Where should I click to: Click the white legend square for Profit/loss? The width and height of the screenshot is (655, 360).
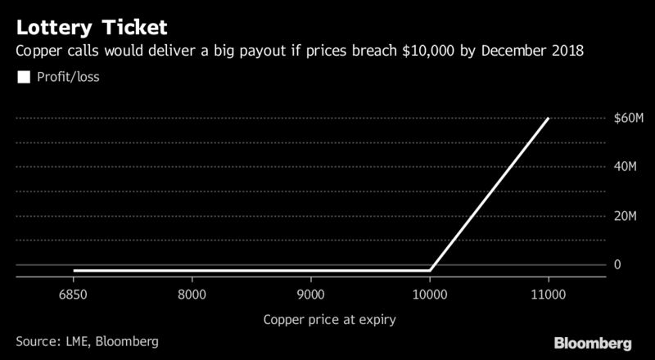click(x=23, y=79)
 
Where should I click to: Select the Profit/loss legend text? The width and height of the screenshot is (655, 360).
click(x=69, y=79)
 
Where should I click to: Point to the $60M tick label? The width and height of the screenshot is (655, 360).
click(x=628, y=119)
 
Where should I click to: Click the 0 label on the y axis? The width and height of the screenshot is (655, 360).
click(x=618, y=264)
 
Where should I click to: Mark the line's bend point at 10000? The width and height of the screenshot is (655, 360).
click(x=430, y=269)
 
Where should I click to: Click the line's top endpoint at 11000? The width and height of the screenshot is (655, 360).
click(x=549, y=119)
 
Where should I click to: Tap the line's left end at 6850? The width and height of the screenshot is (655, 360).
click(x=74, y=270)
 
